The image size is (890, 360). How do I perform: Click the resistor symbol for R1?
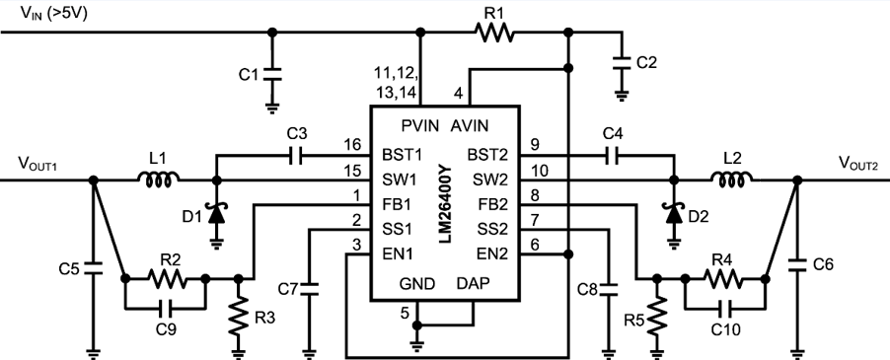[493, 34]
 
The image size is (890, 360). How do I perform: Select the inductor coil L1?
[159, 180]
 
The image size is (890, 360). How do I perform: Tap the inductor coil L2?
[733, 180]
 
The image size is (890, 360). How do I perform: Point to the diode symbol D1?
[215, 212]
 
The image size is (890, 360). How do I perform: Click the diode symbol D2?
[674, 212]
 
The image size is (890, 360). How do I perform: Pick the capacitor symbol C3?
[296, 155]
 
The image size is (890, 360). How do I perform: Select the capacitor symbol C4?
[611, 155]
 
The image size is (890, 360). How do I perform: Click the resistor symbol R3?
[238, 318]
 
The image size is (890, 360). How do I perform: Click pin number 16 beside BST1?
[352, 144]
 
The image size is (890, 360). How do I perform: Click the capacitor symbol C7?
[310, 290]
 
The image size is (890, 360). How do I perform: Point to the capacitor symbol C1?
[273, 73]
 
